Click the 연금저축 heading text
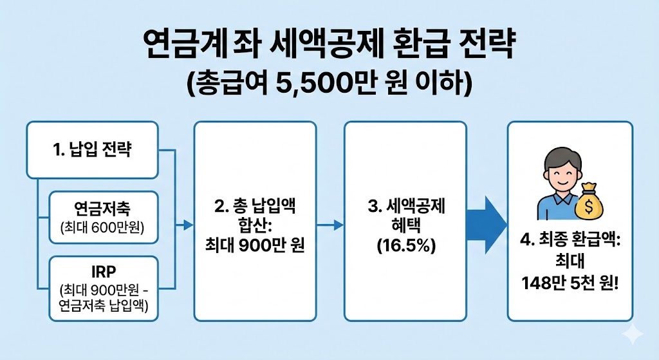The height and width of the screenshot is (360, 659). pyautogui.click(x=103, y=210)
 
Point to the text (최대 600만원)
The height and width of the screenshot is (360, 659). pyautogui.click(x=103, y=228)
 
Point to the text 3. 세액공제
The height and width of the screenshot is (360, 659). pyautogui.click(x=405, y=207)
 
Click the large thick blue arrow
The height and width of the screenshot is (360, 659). pyautogui.click(x=486, y=223)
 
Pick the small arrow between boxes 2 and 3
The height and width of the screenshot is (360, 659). pyautogui.click(x=330, y=225)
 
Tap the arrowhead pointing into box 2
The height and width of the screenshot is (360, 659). pyautogui.click(x=188, y=225)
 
